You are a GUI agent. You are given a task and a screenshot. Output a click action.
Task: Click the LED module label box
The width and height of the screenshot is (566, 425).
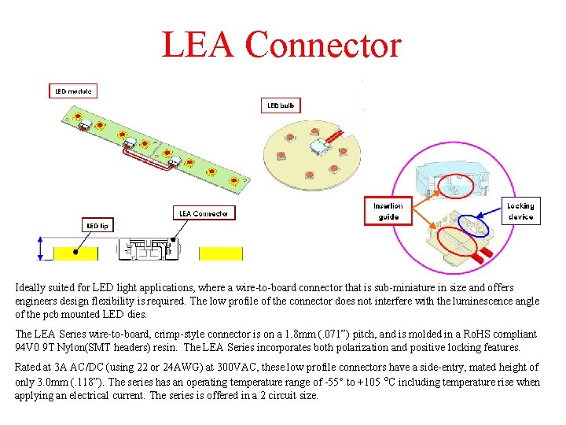click(x=73, y=91)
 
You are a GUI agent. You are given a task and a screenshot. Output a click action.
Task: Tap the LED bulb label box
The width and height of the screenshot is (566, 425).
click(x=281, y=105)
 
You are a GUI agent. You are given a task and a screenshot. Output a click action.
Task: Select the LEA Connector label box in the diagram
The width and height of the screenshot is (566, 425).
click(x=204, y=213)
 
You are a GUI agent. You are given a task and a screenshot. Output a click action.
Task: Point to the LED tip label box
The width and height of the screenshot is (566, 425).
click(x=97, y=225)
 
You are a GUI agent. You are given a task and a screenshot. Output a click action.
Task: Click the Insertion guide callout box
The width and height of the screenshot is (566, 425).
click(x=388, y=211)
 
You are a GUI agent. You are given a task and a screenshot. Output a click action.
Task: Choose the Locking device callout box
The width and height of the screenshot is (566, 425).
click(x=520, y=211)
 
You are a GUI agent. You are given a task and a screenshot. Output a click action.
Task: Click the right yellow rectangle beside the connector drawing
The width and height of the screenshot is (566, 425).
click(x=221, y=253)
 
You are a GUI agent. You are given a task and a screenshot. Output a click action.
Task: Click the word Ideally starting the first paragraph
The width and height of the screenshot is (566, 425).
click(x=34, y=288)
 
